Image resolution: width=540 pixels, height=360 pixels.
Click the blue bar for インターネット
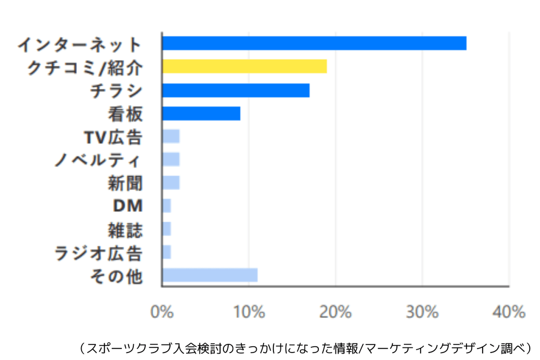[x=314, y=43]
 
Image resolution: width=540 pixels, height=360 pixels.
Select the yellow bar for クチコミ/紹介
[x=244, y=66]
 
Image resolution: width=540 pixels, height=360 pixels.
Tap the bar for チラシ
[x=236, y=90]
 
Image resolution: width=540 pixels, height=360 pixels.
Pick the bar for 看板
[x=201, y=114]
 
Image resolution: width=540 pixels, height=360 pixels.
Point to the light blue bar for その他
[x=210, y=275]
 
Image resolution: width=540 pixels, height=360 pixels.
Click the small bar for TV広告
[x=171, y=137]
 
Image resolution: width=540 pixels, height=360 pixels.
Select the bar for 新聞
[x=171, y=183]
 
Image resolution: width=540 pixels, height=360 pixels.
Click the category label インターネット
[x=79, y=44]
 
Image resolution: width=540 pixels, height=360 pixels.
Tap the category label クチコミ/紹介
[x=85, y=68]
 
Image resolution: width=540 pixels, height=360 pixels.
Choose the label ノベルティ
[x=98, y=160]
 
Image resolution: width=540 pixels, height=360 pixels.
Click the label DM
[x=128, y=206]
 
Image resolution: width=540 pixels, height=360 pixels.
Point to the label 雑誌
[x=125, y=230]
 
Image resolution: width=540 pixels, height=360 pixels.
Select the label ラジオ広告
[x=98, y=253]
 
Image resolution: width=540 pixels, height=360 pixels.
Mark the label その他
[x=116, y=276]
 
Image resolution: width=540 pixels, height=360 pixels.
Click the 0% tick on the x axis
[x=161, y=312]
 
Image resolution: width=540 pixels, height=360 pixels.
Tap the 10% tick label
[x=248, y=312]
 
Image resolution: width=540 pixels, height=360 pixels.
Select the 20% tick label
[x=335, y=312]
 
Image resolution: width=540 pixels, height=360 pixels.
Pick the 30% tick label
[x=422, y=312]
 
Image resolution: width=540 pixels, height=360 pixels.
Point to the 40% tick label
[x=508, y=312]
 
